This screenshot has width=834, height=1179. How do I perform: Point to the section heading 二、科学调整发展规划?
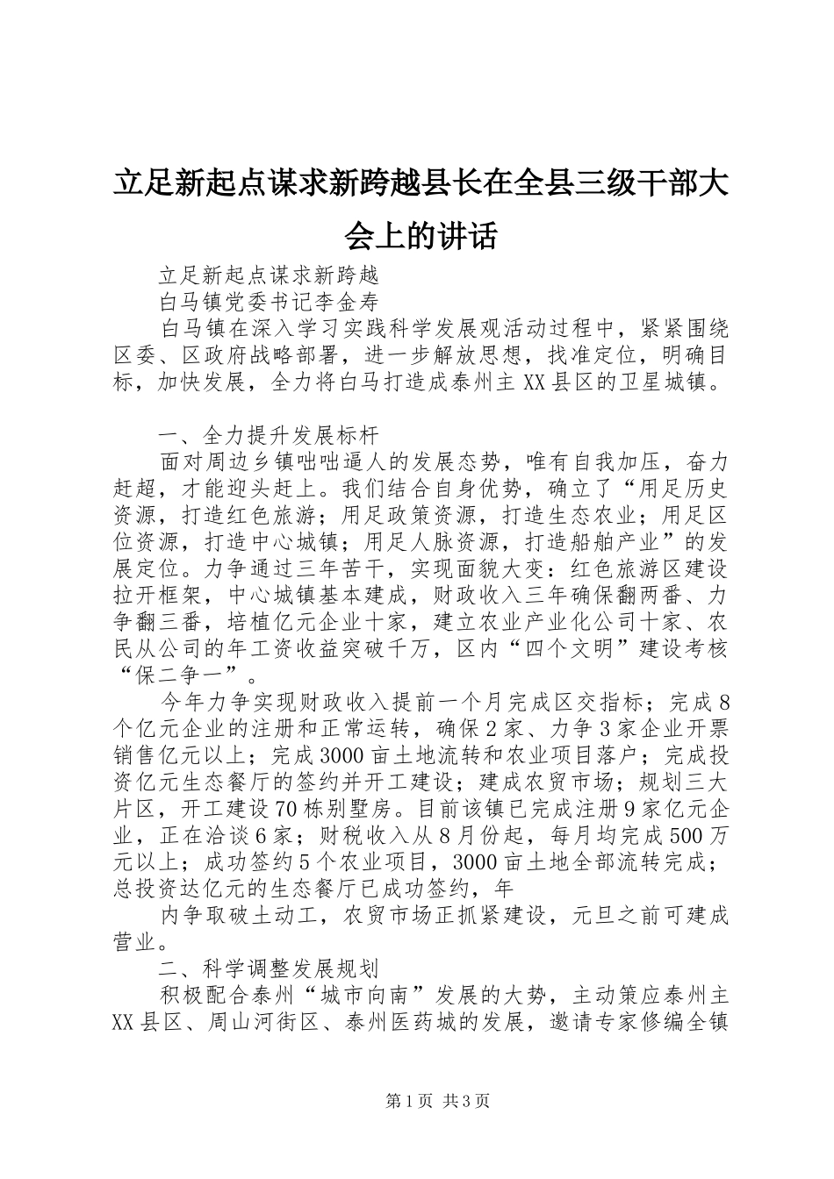[268, 969]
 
